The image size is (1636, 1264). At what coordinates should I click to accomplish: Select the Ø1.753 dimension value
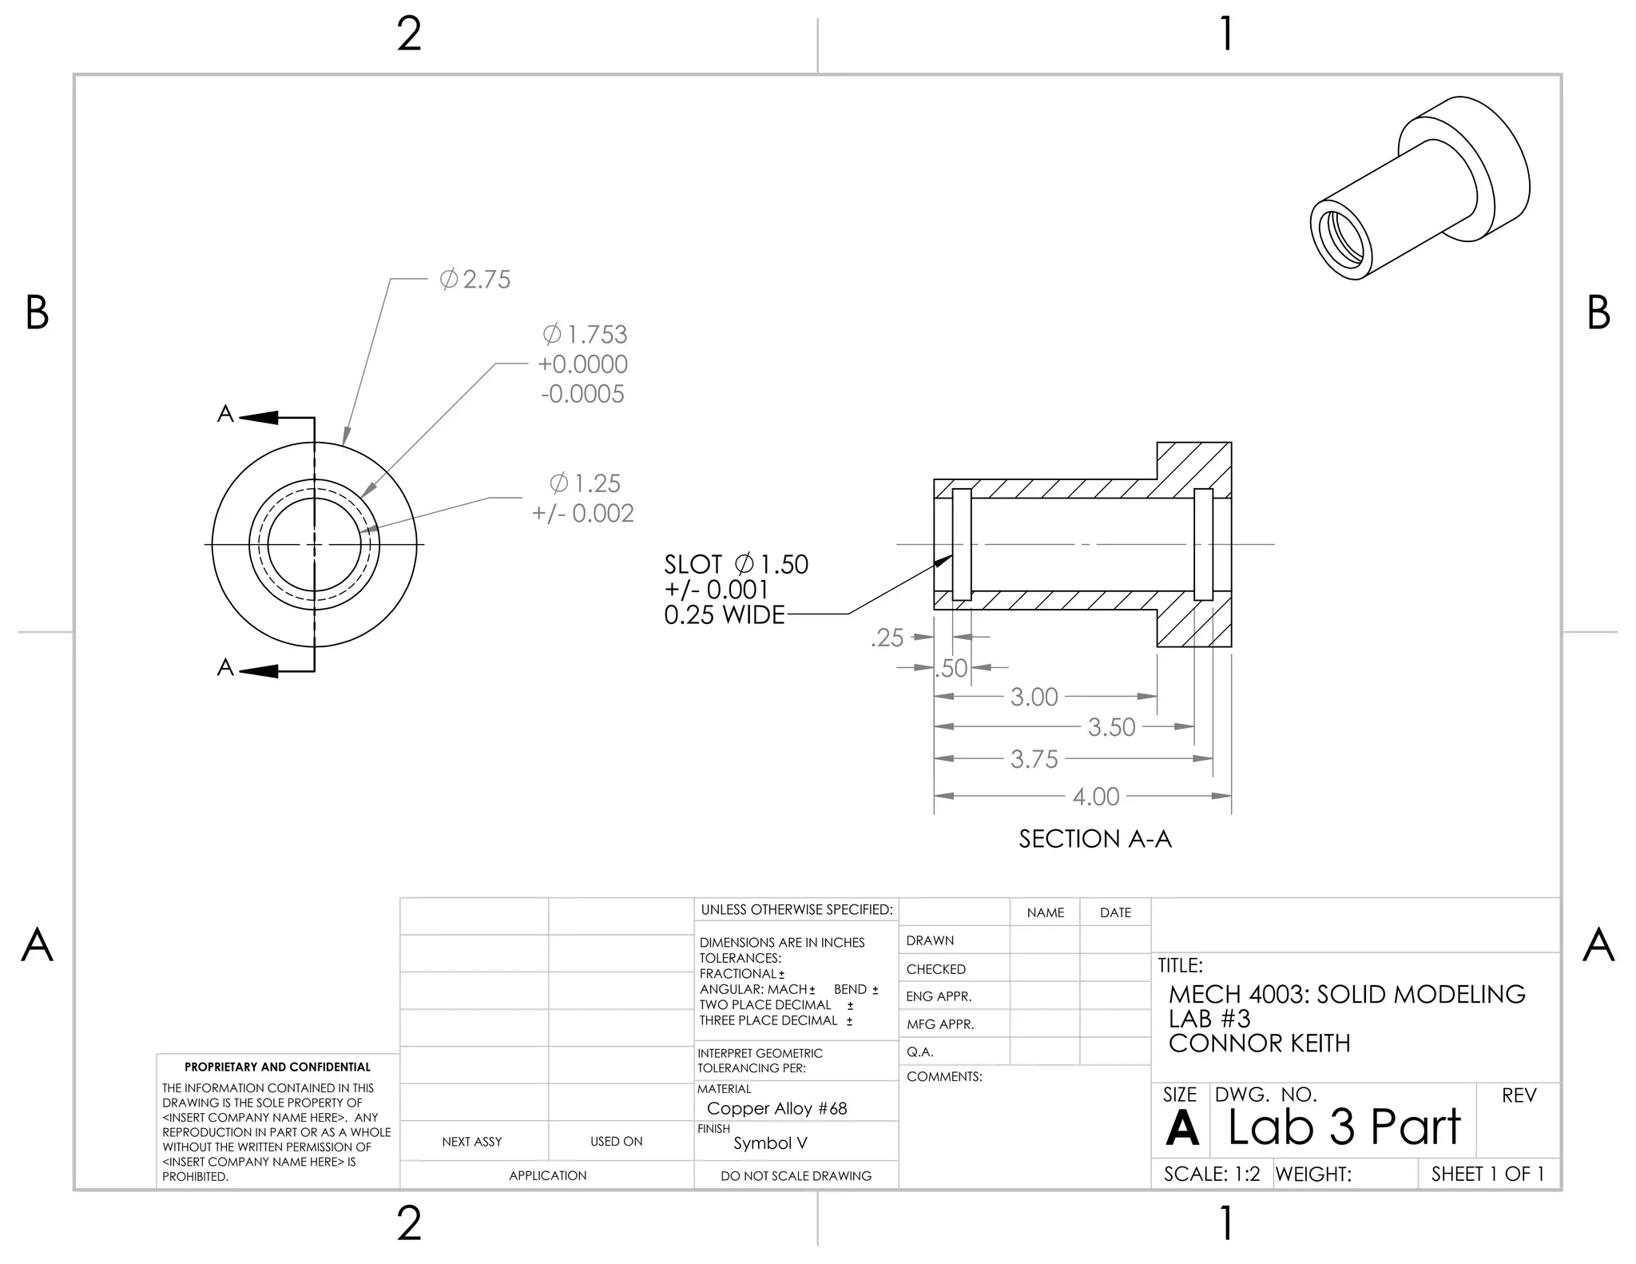(585, 334)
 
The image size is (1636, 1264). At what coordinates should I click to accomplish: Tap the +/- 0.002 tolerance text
(583, 513)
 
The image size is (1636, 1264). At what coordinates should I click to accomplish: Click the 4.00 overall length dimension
(1096, 797)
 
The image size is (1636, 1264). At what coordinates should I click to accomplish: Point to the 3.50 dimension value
(1111, 727)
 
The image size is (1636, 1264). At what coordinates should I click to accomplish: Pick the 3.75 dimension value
(1034, 759)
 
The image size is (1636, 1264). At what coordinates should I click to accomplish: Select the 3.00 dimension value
(1034, 697)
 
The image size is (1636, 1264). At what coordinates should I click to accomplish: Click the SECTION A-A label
(1095, 839)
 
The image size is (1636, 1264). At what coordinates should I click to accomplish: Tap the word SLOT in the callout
(693, 565)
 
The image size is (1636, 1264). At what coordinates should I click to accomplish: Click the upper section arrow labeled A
(257, 417)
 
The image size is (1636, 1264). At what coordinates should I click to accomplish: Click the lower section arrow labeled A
(257, 670)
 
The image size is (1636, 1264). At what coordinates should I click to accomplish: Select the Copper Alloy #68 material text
(776, 1108)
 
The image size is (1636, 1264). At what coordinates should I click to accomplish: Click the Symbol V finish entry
(770, 1143)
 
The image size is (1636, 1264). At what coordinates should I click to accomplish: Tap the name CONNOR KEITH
(1259, 1043)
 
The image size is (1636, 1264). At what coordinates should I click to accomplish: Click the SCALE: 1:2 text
(1212, 1174)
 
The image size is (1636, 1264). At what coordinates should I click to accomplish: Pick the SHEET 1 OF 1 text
(1487, 1174)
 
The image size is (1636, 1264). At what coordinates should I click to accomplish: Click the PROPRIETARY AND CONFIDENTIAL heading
(277, 1067)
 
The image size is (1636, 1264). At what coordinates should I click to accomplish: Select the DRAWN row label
(930, 940)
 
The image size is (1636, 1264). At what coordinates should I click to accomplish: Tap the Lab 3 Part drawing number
(1344, 1127)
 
